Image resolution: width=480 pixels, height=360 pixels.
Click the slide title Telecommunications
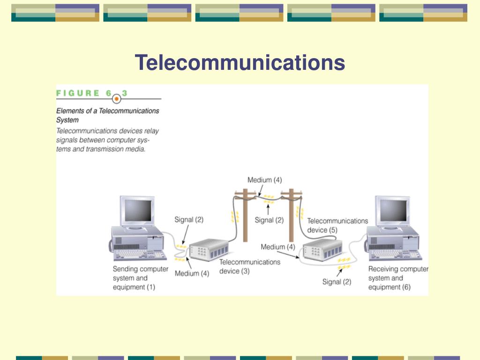(240, 63)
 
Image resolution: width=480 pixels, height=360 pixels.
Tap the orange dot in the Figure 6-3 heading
(117, 99)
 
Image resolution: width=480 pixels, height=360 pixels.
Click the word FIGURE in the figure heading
(78, 93)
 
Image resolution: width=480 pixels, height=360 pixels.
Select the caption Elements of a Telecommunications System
(107, 115)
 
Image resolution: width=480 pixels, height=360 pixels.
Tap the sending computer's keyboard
(140, 254)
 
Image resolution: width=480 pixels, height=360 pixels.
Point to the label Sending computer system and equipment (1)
(140, 278)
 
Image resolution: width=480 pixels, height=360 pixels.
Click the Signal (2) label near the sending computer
(189, 219)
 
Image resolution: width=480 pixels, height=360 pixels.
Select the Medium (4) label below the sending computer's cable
(192, 273)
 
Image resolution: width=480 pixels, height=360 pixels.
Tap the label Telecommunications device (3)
(249, 266)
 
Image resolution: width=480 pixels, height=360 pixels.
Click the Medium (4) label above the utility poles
(264, 180)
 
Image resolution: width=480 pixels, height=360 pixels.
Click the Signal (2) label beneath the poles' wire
(269, 220)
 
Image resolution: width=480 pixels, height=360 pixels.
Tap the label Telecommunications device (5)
(337, 225)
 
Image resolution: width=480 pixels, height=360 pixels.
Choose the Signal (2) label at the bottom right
(336, 282)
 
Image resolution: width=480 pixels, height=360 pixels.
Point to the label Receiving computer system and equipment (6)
(398, 278)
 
